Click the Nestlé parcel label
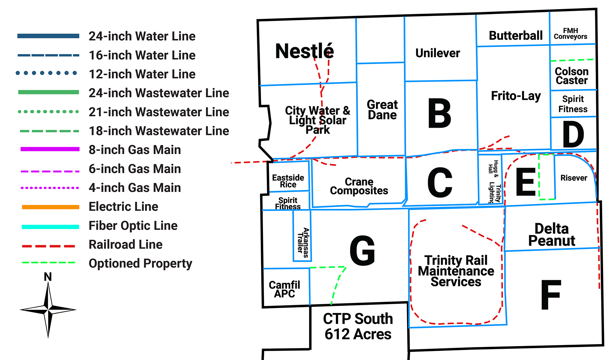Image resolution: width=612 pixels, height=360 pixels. (304, 51)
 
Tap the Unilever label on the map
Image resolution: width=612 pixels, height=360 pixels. (438, 53)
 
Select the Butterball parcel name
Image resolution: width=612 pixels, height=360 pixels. (515, 35)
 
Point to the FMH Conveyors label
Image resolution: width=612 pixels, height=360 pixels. (570, 33)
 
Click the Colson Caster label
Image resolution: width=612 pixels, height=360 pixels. (572, 76)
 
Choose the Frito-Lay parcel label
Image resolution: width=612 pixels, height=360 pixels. (516, 96)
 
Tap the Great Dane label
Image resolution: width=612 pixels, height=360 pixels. (382, 109)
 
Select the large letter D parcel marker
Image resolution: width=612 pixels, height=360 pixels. (573, 134)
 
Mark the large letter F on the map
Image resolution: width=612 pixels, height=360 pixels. (551, 295)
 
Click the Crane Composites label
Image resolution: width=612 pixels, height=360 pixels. (359, 186)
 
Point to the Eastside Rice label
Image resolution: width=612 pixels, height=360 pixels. (288, 181)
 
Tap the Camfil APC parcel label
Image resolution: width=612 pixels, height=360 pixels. (284, 289)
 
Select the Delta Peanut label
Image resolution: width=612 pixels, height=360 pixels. (551, 234)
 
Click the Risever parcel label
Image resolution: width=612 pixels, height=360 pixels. (573, 178)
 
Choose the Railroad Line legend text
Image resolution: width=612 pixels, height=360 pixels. (126, 245)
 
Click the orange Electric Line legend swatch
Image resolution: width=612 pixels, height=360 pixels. (50, 207)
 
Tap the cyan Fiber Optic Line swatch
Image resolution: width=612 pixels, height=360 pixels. (50, 227)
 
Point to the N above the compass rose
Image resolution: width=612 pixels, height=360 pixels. (48, 277)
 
